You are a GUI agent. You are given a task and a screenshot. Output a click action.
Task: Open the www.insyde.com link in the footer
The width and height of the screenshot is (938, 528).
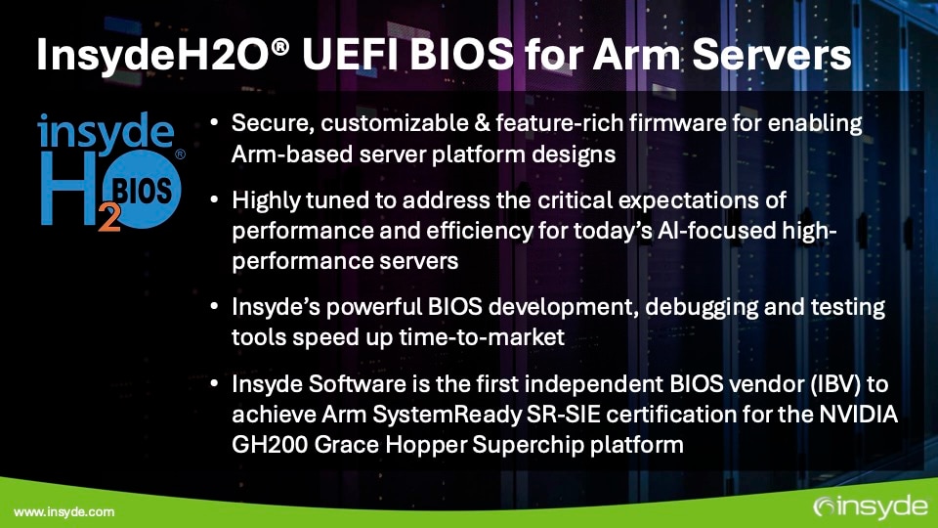coord(64,511)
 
